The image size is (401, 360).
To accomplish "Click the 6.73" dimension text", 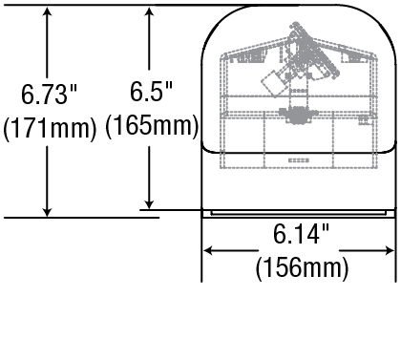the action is point(50,94).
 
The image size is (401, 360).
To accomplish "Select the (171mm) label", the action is point(50,128).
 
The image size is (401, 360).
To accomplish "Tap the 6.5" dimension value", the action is point(151,92).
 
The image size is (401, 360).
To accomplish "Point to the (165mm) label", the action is point(152,125).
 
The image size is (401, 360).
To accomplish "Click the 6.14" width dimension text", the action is point(301,234).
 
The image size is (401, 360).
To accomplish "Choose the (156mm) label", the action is point(302,267).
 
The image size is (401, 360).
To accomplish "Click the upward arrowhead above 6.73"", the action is point(47,12).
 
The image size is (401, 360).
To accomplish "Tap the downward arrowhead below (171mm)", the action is point(47,210).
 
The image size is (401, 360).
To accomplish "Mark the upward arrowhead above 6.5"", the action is point(149,12).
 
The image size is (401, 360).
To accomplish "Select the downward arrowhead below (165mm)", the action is point(149,202).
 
